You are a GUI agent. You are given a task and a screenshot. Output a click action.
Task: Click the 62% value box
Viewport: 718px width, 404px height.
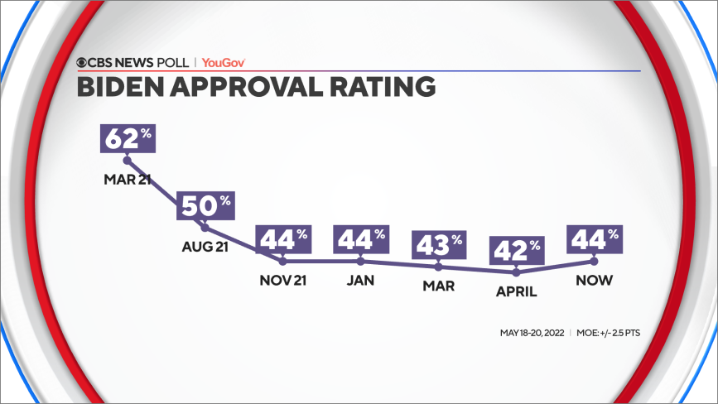(x=127, y=137)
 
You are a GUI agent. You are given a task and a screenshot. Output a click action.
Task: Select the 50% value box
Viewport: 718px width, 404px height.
(x=205, y=206)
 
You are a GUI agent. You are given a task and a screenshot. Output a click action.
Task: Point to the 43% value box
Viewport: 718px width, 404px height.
(x=439, y=245)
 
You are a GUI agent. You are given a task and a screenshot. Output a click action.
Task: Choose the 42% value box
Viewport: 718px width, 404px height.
(x=517, y=249)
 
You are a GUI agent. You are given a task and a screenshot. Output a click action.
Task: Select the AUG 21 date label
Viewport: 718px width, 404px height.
(x=205, y=247)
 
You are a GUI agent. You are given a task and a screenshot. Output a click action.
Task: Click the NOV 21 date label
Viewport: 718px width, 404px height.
(x=283, y=280)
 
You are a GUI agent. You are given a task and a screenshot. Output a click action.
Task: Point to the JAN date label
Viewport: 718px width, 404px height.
(x=361, y=280)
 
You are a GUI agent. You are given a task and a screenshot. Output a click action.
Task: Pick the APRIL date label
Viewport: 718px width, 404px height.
(x=517, y=291)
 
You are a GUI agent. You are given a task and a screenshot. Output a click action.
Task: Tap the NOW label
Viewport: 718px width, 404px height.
(x=595, y=280)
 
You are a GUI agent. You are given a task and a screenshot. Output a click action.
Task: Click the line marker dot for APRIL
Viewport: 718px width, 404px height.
(x=517, y=271)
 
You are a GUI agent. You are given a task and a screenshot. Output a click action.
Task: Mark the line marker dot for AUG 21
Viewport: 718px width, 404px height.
(x=205, y=228)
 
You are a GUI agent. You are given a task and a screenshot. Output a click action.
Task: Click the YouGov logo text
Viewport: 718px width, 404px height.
(x=224, y=62)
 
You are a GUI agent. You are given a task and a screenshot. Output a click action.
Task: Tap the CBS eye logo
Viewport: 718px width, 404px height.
(x=83, y=62)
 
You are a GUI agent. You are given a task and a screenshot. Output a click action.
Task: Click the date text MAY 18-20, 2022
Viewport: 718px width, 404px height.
(x=532, y=334)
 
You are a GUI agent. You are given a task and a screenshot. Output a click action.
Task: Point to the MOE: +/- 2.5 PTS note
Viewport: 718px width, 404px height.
(x=607, y=334)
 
